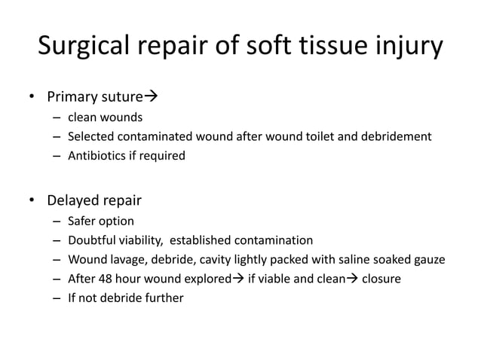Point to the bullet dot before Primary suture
coord(31,97)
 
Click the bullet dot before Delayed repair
coord(31,201)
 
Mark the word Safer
coord(82,221)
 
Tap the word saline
coord(346,261)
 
